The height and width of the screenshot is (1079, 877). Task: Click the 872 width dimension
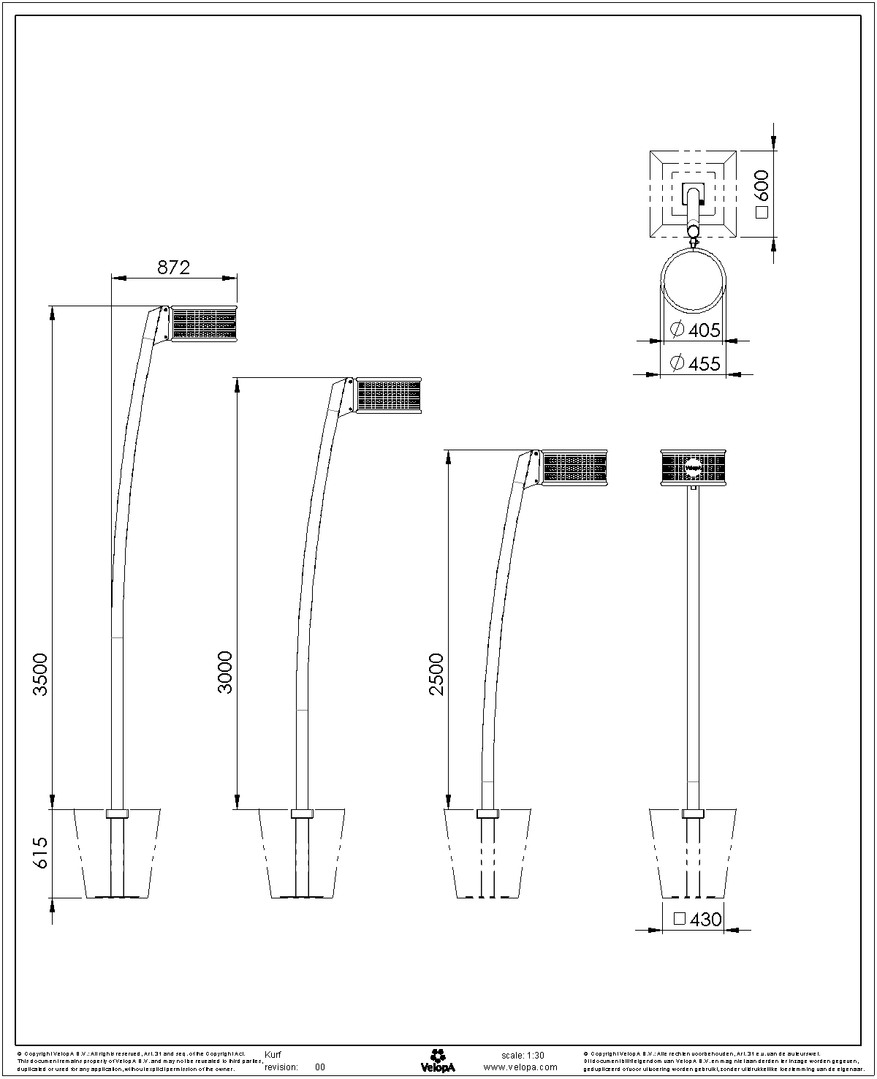pos(174,268)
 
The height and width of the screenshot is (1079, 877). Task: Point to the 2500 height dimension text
pos(436,673)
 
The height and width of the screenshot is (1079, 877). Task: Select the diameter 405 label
pos(695,330)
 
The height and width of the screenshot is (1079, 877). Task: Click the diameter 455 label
pos(695,363)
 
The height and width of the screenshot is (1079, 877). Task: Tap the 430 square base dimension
pos(697,919)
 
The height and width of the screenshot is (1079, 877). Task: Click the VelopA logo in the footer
pos(438,1061)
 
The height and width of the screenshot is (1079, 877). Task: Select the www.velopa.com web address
pos(521,1067)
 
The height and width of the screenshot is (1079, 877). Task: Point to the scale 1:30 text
pos(523,1055)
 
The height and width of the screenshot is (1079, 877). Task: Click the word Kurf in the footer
pos(273,1055)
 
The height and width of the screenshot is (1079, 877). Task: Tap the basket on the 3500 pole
pos(204,324)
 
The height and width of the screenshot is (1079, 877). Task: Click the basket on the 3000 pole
pos(389,395)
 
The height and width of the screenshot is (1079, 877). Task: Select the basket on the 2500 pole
pos(574,467)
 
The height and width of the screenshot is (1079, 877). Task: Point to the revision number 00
pos(320,1067)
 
